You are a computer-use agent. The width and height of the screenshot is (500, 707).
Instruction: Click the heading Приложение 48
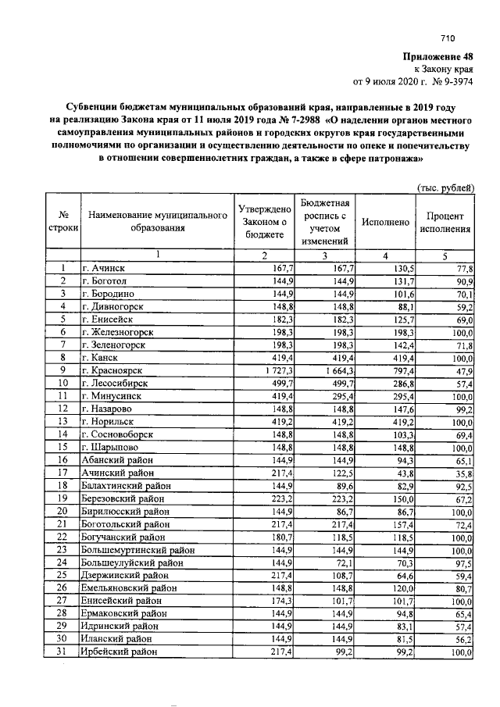coord(437,55)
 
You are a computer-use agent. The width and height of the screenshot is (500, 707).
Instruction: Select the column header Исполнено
coord(385,223)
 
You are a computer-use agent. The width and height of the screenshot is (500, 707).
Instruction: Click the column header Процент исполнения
coord(445,223)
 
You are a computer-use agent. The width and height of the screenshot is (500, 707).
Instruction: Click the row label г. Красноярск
coord(112,370)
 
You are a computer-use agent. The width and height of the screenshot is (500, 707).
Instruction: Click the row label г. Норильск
coord(109,420)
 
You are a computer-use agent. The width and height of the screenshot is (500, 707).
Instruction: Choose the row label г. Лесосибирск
coord(115,383)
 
